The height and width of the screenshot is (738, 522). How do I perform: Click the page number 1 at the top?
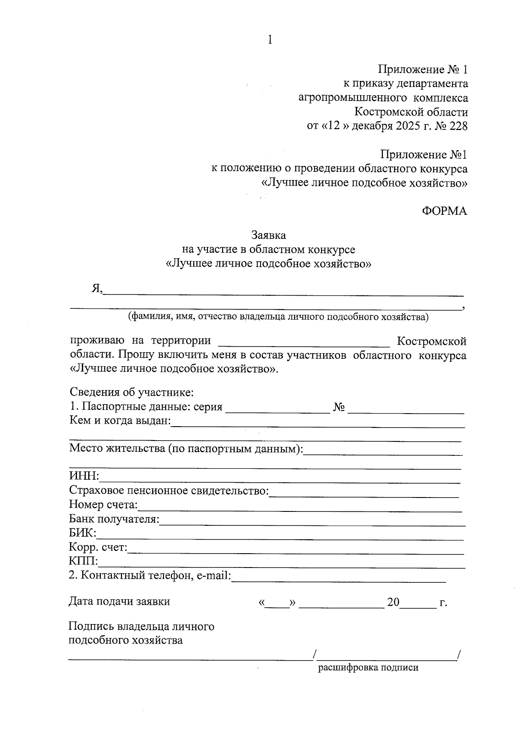click(x=270, y=40)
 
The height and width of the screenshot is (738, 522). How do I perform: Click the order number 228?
click(x=458, y=127)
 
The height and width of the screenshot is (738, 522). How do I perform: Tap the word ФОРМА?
click(x=444, y=211)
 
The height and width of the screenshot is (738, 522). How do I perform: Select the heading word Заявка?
click(x=268, y=235)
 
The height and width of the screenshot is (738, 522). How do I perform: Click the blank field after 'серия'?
click(x=278, y=409)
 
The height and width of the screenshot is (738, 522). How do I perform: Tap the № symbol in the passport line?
click(x=339, y=407)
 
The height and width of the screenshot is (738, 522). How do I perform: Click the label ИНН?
click(x=84, y=477)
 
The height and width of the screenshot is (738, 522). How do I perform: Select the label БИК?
click(x=83, y=533)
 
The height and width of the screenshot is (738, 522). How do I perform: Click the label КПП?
click(x=84, y=561)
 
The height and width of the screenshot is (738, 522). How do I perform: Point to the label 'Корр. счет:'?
click(x=98, y=548)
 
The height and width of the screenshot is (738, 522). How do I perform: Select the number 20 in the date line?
click(x=393, y=602)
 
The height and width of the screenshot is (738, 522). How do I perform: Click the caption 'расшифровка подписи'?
click(x=368, y=668)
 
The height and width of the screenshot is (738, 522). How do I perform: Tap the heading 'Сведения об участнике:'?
click(x=131, y=392)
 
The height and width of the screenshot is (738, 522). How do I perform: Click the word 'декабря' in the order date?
click(x=372, y=127)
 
